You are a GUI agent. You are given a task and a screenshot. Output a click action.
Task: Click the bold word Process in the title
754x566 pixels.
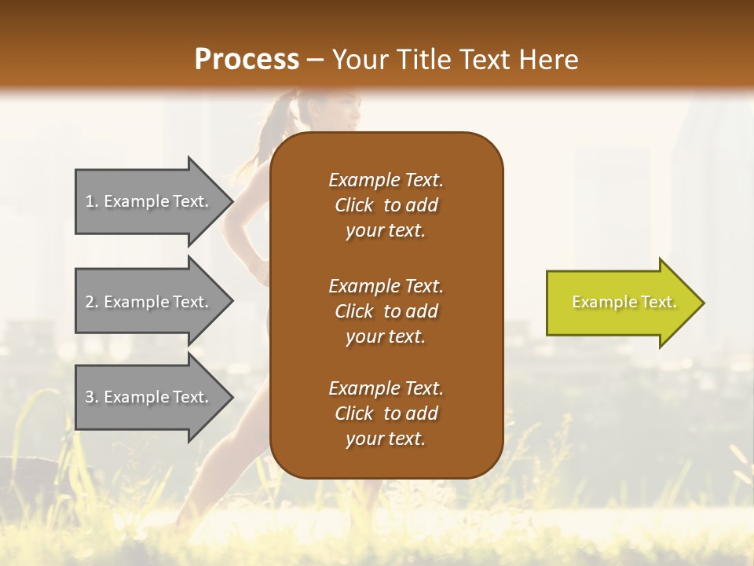pos(247,60)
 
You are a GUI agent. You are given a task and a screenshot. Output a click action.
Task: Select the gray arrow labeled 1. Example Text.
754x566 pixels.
pos(149,201)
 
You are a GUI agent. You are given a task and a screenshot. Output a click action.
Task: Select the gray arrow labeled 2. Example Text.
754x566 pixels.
pos(149,302)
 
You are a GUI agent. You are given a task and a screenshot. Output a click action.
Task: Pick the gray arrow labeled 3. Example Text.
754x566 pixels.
pos(149,397)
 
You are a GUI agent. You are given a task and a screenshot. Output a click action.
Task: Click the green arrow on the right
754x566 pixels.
pos(620,303)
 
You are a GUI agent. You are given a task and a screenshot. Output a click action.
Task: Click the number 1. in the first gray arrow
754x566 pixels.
pos(92,201)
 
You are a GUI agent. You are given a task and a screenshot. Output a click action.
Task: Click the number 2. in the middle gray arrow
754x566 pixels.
pos(92,302)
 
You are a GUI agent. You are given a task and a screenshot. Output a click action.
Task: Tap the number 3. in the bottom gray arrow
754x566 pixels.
pos(92,397)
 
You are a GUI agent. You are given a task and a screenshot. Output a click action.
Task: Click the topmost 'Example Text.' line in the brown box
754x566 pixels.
pos(386,180)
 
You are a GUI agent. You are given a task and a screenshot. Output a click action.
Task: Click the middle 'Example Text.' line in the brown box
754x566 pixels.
pos(386,286)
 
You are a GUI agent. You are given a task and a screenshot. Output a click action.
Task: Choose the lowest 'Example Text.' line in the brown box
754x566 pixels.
pos(386,388)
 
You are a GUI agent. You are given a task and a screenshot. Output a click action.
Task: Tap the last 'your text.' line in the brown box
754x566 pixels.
pos(386,439)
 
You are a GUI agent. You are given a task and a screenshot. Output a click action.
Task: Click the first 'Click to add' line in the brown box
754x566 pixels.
pos(386,205)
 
